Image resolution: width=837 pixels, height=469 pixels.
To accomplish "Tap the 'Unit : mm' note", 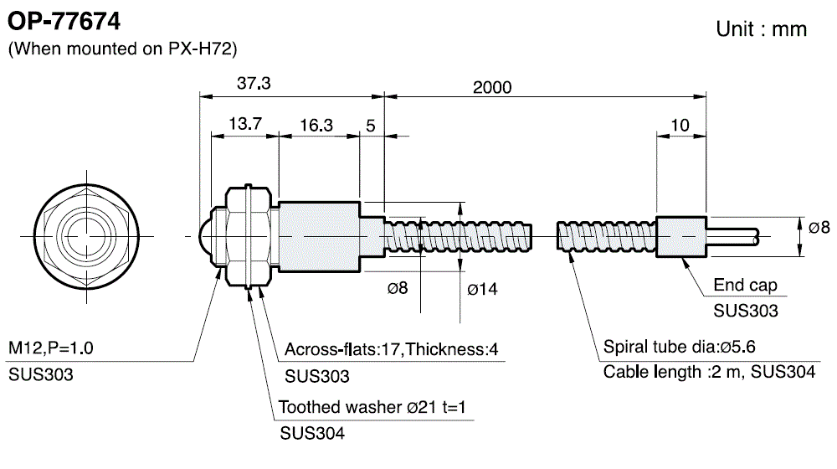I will click(761, 29).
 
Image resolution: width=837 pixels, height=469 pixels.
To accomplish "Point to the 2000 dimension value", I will click(491, 86).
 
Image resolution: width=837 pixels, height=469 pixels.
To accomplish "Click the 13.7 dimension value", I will click(245, 124).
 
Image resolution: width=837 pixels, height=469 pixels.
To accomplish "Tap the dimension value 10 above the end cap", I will click(680, 125).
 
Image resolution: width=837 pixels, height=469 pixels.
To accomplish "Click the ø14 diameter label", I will click(481, 290).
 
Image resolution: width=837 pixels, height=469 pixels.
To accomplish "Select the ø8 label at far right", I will click(819, 227).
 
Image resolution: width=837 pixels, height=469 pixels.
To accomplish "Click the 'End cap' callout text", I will click(745, 286).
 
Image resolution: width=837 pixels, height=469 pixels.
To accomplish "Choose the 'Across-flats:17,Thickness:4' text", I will click(391, 349).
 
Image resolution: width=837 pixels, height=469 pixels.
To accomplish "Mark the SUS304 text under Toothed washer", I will click(311, 434).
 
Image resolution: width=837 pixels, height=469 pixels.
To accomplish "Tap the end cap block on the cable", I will click(681, 237).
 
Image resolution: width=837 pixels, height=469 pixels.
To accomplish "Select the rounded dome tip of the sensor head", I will click(206, 238).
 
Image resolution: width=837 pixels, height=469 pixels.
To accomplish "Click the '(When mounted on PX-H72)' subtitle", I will click(123, 49).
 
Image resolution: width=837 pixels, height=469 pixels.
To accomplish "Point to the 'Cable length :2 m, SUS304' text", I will click(709, 372).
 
